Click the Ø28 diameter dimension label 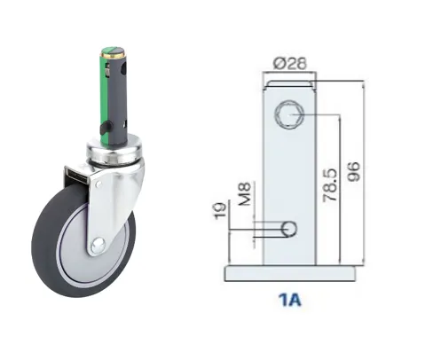coord(290,63)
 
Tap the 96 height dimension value coord(354,171)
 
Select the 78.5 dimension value coord(330,185)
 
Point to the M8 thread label coord(245,193)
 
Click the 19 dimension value coord(220,210)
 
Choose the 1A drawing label coord(289,300)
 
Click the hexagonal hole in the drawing coord(289,114)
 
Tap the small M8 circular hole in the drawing coord(288,229)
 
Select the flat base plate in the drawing coord(290,274)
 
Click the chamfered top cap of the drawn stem coord(289,84)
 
